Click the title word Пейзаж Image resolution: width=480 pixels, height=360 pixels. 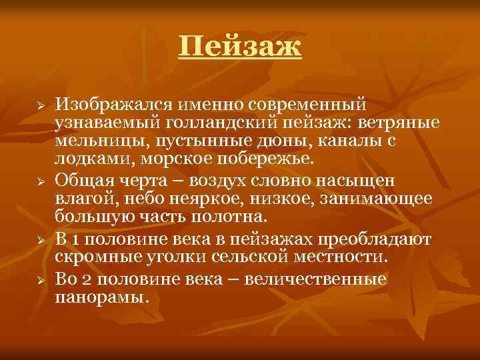pos(240,47)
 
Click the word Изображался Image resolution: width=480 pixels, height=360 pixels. pos(109,105)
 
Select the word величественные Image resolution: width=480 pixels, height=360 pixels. pos(315,277)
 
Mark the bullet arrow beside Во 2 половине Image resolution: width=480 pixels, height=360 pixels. pos(40,278)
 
